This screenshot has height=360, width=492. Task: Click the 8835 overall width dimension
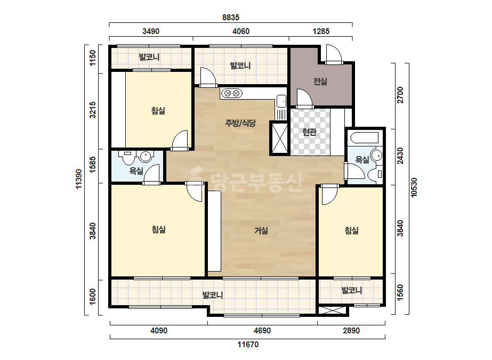pyautogui.click(x=231, y=18)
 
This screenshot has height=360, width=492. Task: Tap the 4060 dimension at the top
pyautogui.click(x=240, y=31)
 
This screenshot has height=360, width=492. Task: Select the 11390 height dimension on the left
pyautogui.click(x=79, y=179)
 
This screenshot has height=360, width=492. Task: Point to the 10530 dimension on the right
pyautogui.click(x=414, y=187)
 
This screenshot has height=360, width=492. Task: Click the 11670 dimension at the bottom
pyautogui.click(x=248, y=345)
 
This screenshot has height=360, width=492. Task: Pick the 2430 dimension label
pyautogui.click(x=400, y=156)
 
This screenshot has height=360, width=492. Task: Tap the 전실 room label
pyautogui.click(x=320, y=81)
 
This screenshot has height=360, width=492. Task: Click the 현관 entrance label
pyautogui.click(x=309, y=132)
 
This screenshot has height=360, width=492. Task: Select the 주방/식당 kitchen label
pyautogui.click(x=240, y=123)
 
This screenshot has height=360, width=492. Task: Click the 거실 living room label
pyautogui.click(x=261, y=231)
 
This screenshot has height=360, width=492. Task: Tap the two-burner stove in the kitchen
pyautogui.click(x=231, y=93)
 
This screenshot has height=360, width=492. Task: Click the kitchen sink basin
pyautogui.click(x=281, y=101)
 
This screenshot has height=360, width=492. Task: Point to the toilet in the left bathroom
pyautogui.click(x=128, y=158)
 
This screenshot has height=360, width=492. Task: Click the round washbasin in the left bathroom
pyautogui.click(x=146, y=156)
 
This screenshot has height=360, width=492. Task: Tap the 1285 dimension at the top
pyautogui.click(x=321, y=31)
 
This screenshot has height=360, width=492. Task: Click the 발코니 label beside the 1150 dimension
pyautogui.click(x=149, y=57)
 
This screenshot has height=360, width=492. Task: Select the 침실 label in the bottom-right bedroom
pyautogui.click(x=352, y=231)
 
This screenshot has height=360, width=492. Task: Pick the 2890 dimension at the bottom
pyautogui.click(x=351, y=331)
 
